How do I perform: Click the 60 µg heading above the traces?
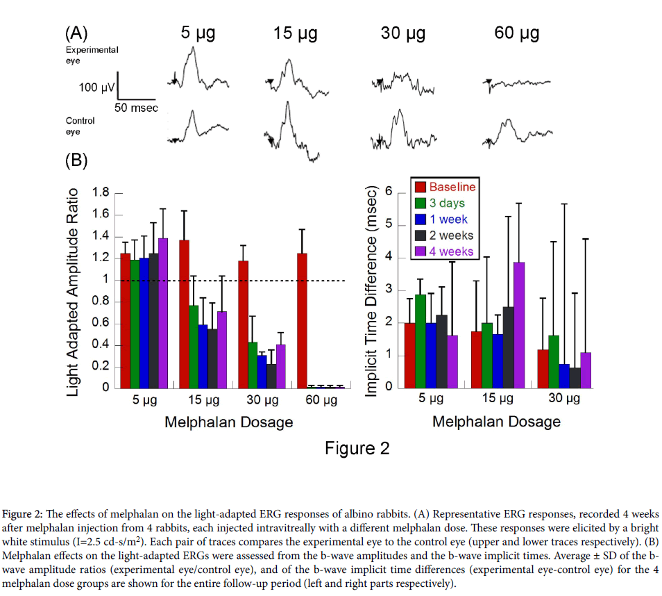pyautogui.click(x=517, y=33)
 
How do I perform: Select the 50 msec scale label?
pyautogui.click(x=136, y=108)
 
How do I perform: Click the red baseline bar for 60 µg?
pyautogui.click(x=302, y=320)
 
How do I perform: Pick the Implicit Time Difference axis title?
pyautogui.click(x=371, y=291)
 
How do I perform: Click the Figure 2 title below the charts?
pyautogui.click(x=357, y=448)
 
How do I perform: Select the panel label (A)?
pyautogui.click(x=76, y=33)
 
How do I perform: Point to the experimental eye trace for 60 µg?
pyautogui.click(x=517, y=83)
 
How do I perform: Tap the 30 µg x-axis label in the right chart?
pyautogui.click(x=563, y=399)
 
